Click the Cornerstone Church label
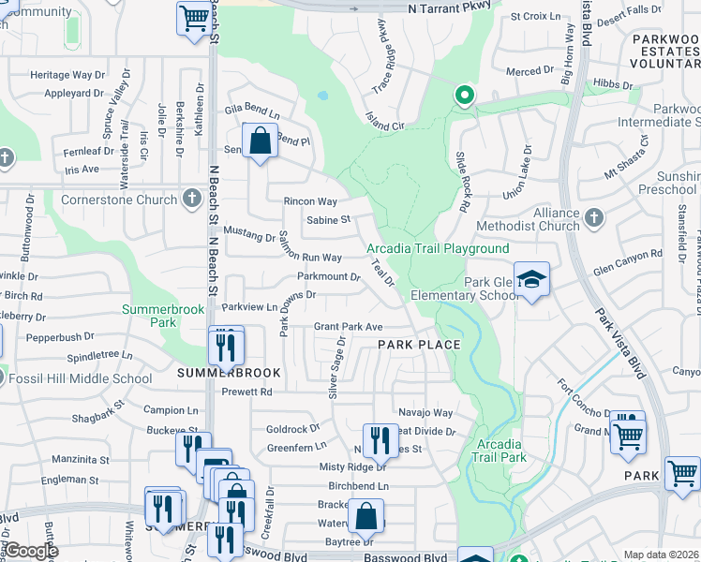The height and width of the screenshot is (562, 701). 119,200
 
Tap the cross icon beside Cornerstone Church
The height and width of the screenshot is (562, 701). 192,199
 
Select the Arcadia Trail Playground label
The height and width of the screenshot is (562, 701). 438,248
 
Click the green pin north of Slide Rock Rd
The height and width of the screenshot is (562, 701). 463,96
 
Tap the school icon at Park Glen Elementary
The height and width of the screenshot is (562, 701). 531,279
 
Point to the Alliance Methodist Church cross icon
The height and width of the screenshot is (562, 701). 593,219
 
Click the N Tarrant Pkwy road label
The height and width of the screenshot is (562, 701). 450,7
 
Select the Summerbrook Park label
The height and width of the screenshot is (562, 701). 149,316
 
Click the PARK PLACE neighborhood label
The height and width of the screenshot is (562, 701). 419,345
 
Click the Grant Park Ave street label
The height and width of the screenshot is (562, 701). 349,327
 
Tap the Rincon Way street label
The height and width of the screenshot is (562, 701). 310,201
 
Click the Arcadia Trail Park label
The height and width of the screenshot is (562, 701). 500,450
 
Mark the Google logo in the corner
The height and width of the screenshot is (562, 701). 32,551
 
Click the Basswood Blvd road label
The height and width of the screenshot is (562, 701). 406,556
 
